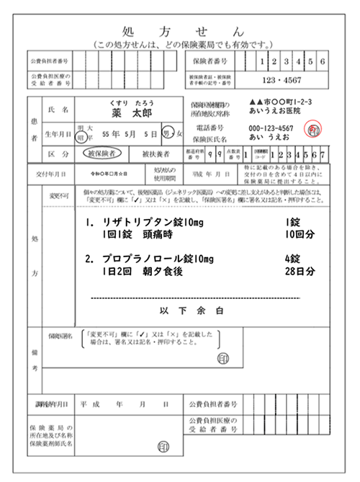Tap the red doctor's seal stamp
(314, 130)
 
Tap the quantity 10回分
(300, 236)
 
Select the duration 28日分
(300, 272)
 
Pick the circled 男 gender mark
(166, 133)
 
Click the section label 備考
(35, 357)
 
